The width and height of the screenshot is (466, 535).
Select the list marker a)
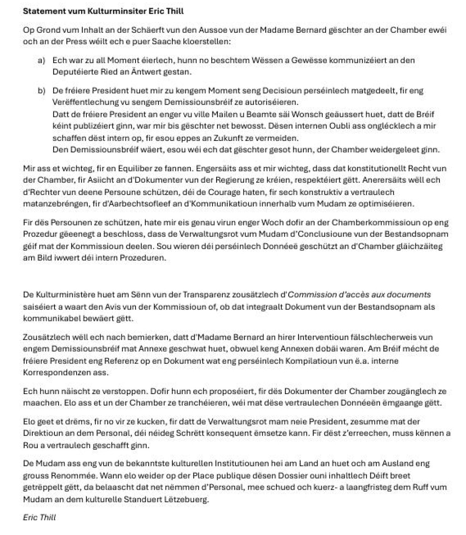pos(41,60)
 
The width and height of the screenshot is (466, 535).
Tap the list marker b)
pos(41,91)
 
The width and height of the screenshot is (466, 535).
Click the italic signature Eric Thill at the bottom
pos(39,517)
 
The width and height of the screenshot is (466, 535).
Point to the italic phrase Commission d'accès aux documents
pos(359,295)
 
